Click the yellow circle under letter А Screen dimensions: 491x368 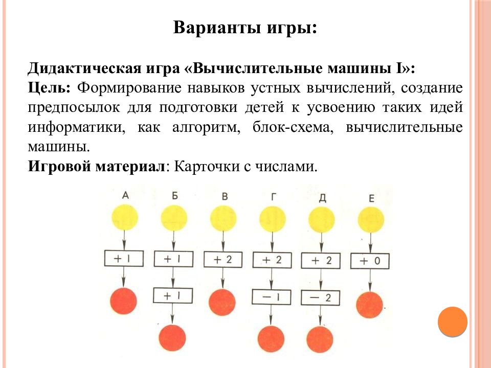(x=125, y=217)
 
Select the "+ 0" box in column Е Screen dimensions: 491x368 (x=370, y=261)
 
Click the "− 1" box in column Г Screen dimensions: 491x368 (x=272, y=296)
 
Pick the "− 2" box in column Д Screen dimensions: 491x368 (x=320, y=297)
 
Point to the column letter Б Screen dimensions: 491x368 (x=175, y=196)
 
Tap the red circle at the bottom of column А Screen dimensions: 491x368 (x=124, y=301)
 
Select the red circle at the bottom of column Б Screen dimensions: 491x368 (x=172, y=338)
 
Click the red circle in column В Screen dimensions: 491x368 (x=222, y=302)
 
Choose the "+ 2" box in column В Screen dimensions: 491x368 (x=223, y=260)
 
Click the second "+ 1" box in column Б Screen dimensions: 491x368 (x=173, y=295)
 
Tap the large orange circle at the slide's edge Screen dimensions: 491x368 (x=453, y=321)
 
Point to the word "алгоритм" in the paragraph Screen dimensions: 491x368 (x=206, y=127)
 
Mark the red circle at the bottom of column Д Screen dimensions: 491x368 (x=320, y=339)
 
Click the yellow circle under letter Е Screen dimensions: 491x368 (x=371, y=220)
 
